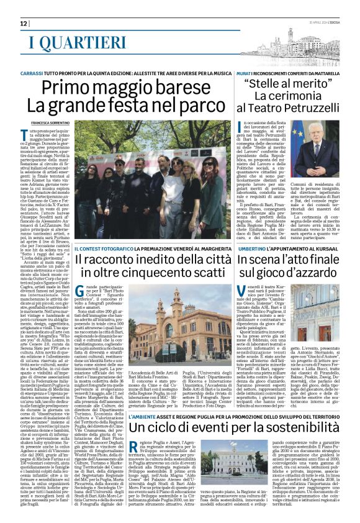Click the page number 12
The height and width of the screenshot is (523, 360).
click(x=24, y=23)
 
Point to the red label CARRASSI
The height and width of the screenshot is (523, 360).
click(x=31, y=73)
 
